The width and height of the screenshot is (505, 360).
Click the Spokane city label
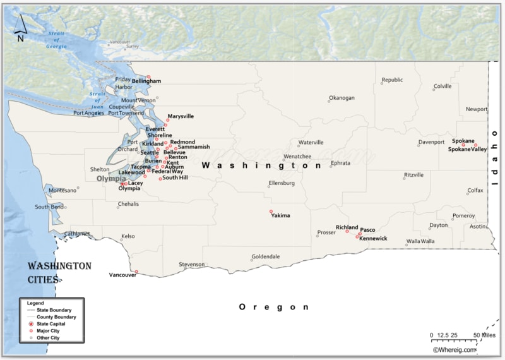tap(463, 141)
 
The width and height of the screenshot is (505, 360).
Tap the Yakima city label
tap(280, 215)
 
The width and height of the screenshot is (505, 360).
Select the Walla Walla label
tap(420, 241)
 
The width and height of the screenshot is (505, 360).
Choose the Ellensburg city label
tap(282, 183)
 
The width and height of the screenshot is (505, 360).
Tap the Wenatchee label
tap(297, 156)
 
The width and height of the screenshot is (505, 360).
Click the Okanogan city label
tap(342, 98)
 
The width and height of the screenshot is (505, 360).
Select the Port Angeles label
tap(88, 113)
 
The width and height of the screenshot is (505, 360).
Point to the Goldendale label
tap(265, 256)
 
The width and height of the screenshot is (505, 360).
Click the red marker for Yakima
tap(271, 211)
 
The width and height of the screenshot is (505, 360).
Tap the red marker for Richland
tap(347, 231)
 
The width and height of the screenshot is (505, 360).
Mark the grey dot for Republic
tap(382, 84)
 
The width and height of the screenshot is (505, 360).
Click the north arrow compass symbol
tap(20, 27)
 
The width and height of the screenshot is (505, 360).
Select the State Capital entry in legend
tap(50, 323)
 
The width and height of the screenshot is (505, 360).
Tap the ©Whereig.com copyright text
tap(454, 349)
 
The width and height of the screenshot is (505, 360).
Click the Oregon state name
tap(273, 307)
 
